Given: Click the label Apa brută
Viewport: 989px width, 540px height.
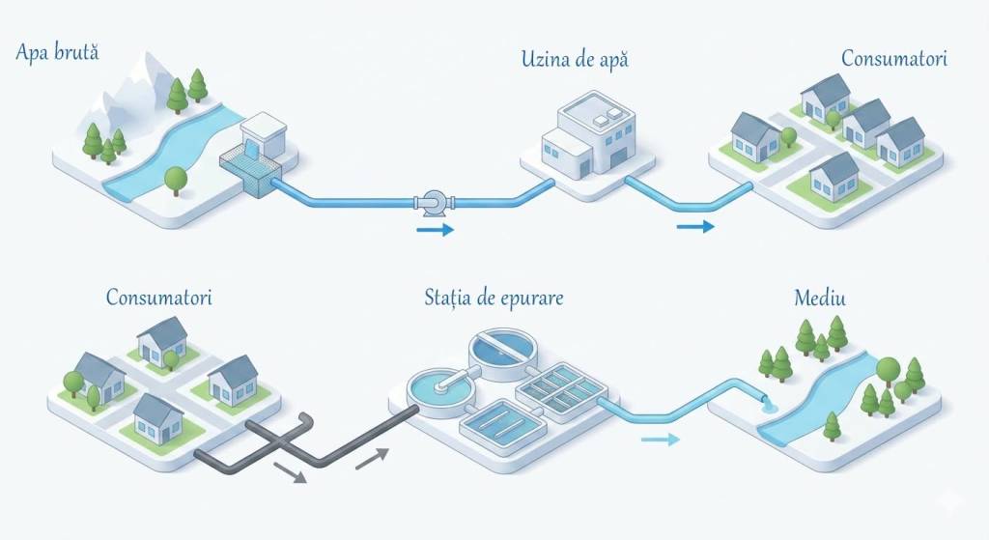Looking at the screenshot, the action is pos(57,52).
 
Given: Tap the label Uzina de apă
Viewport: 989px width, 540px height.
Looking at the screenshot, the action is pos(575,60).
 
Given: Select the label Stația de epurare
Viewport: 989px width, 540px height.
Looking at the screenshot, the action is pos(494,298).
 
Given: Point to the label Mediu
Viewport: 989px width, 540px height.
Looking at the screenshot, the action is pos(820,298).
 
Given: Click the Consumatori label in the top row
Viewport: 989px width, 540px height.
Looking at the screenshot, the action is pos(894,58).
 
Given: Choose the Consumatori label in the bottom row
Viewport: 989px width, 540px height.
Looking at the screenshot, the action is pos(159,297).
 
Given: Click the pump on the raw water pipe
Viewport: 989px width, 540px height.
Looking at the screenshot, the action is pos(435,202).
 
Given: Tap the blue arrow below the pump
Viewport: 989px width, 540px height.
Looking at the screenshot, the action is pos(436,230).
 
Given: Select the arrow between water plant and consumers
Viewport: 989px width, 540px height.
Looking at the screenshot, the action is pos(695,226).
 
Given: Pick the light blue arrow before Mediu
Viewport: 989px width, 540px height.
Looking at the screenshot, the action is pos(661,440).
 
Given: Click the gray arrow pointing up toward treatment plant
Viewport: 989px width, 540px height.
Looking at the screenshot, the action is pos(372,458).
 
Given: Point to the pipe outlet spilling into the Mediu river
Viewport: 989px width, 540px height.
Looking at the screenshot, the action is pos(765,403).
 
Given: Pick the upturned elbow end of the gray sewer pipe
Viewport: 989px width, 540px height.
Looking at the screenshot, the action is pos(305,421).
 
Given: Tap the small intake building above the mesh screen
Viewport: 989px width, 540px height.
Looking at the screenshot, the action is pos(264,134).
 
